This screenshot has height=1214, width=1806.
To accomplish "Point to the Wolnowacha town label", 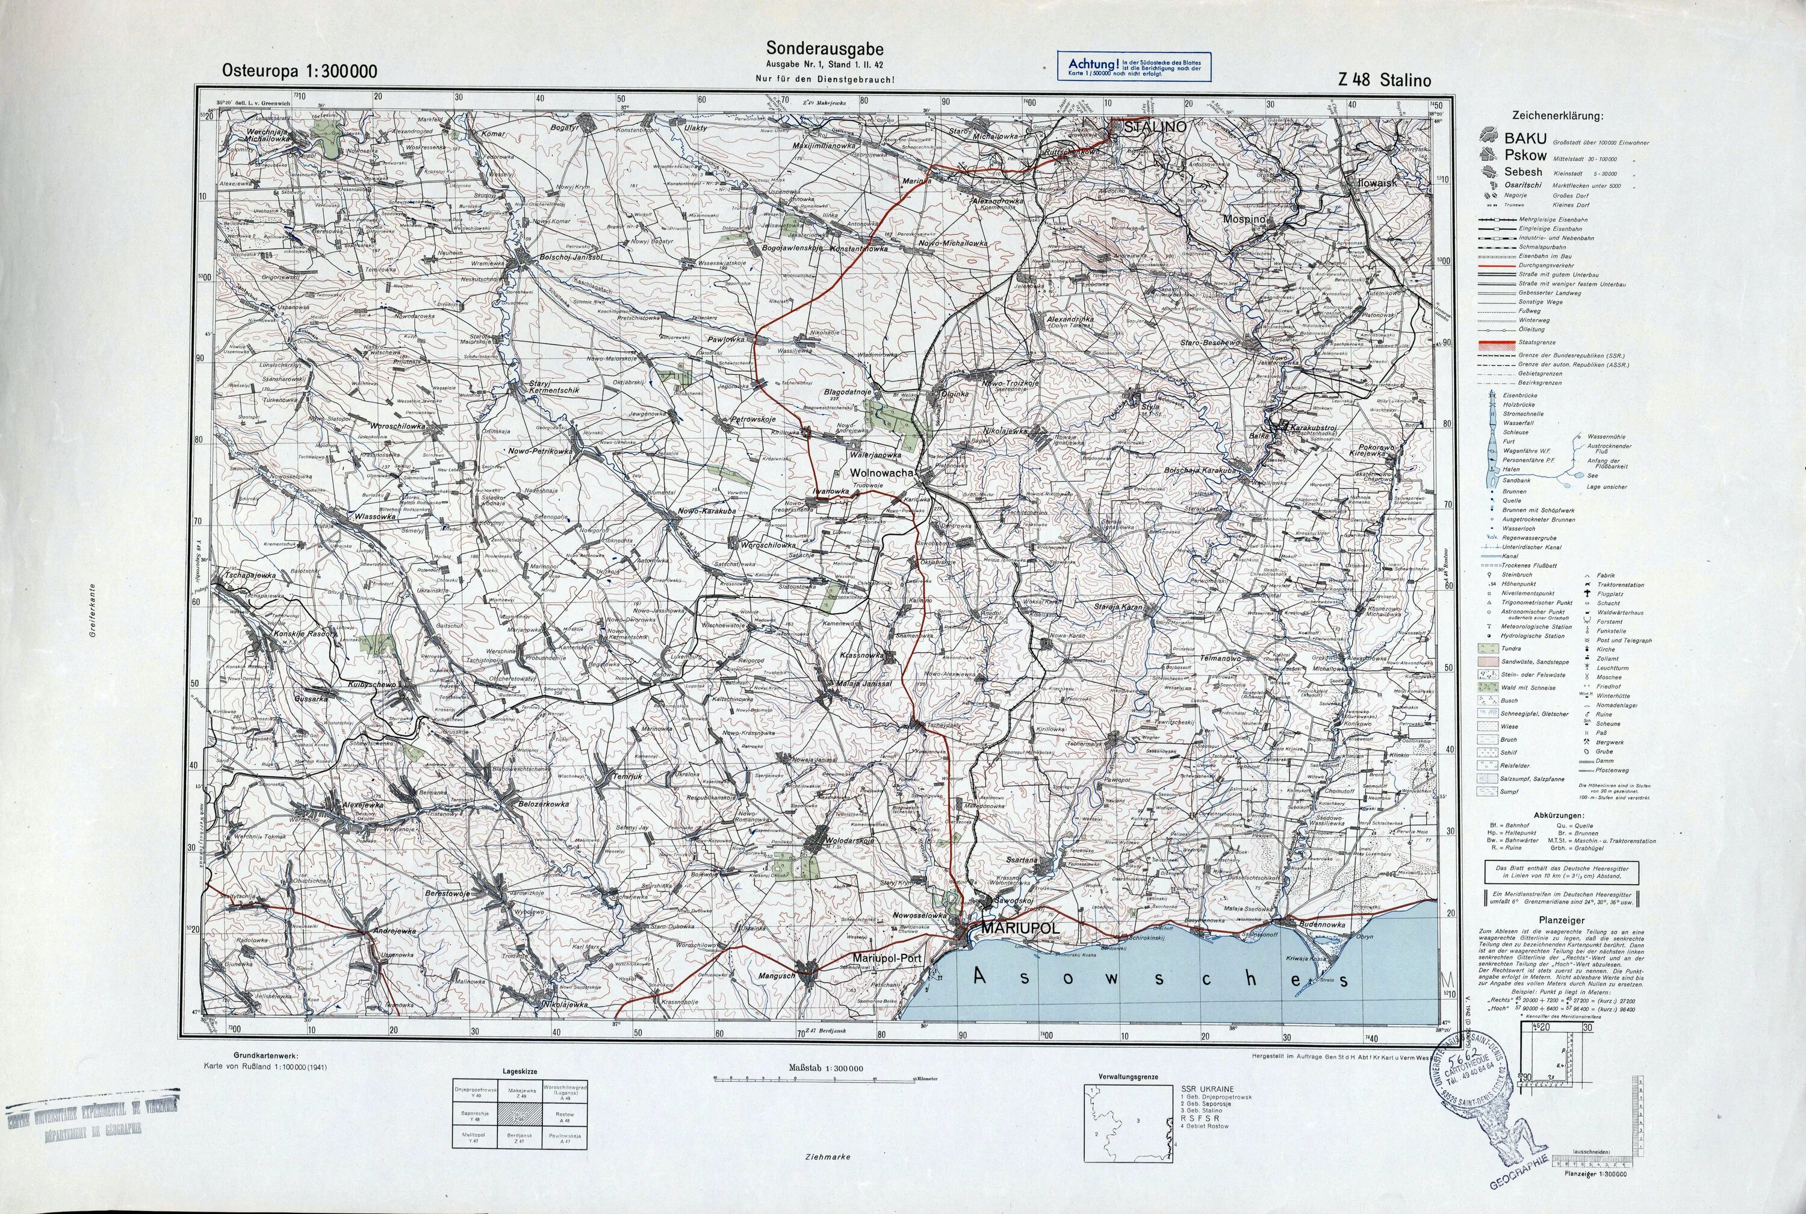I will (x=882, y=472).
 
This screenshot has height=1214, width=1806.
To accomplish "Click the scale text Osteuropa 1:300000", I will (x=299, y=71).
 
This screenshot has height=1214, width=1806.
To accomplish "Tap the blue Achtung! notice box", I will (x=1134, y=67).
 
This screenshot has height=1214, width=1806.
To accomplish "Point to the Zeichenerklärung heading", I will (x=1557, y=116).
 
